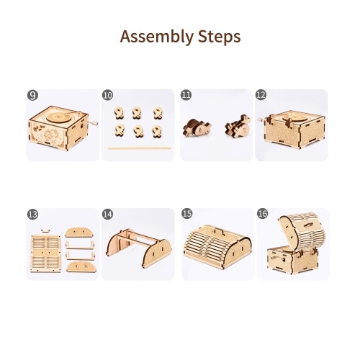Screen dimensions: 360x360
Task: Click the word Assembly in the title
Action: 157,37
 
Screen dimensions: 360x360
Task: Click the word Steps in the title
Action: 220,37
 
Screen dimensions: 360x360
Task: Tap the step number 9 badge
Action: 32,95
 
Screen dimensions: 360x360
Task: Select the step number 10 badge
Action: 107,95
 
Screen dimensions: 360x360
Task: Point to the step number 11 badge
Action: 186,95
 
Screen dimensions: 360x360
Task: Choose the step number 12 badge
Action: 261,95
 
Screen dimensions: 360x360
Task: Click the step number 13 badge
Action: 32,214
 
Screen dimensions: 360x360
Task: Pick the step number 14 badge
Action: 107,214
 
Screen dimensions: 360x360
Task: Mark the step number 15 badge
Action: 187,213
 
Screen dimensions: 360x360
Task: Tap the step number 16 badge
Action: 262,213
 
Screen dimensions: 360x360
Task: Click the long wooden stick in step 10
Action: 139,148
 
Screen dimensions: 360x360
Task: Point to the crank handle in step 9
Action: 92,123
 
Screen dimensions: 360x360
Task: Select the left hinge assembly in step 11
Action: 197,128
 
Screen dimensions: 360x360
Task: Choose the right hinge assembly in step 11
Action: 238,126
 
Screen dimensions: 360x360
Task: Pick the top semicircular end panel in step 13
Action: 79,233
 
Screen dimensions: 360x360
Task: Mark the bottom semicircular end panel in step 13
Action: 81,267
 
